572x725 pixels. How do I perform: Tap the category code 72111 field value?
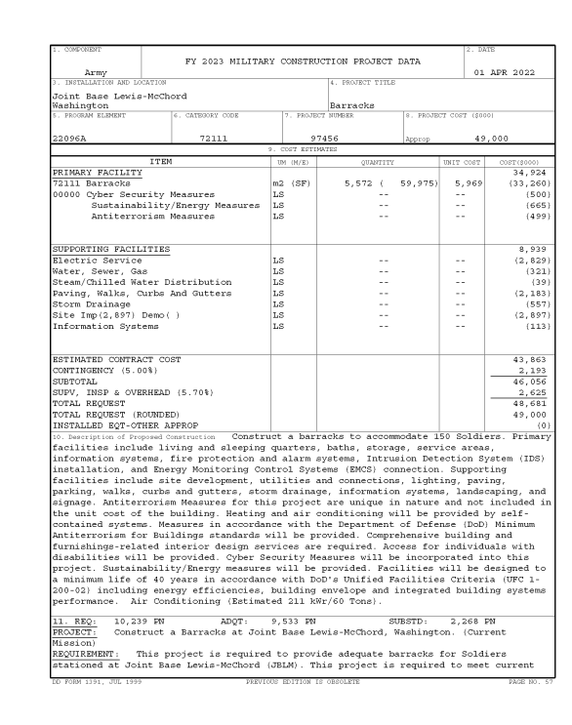213,140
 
